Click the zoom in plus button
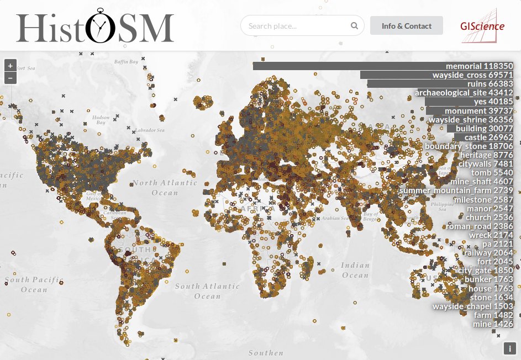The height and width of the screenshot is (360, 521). click(10, 65)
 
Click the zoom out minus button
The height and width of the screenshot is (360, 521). click(10, 78)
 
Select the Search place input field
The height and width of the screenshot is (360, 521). click(296, 26)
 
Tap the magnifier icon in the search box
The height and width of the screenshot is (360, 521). click(354, 26)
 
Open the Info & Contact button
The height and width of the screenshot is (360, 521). click(407, 26)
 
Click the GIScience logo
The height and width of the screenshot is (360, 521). click(482, 25)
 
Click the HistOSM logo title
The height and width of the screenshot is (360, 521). click(95, 26)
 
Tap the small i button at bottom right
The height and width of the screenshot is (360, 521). click(509, 348)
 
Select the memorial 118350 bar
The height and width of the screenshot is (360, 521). click(383, 66)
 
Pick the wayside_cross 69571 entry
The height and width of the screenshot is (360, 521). click(437, 75)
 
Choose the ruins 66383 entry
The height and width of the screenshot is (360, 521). click(440, 84)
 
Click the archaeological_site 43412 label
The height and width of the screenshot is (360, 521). click(464, 93)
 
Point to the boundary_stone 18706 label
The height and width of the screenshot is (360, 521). click(469, 146)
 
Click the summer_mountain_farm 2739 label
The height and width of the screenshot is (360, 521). click(456, 190)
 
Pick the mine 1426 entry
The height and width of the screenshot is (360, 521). click(493, 324)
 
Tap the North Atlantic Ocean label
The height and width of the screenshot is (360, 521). click(165, 187)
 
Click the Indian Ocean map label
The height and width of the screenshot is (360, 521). click(355, 270)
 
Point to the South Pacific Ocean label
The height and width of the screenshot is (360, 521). click(34, 284)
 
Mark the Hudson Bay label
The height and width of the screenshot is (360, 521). click(101, 120)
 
